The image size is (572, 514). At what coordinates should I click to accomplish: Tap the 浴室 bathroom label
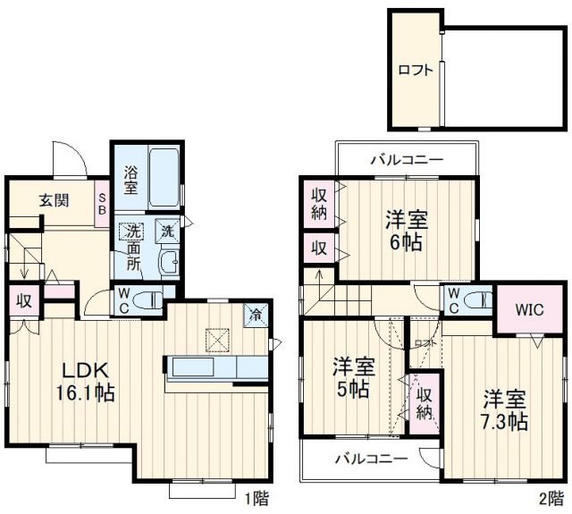[x=130, y=181]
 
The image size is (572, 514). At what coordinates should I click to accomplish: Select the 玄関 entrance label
[x=55, y=199]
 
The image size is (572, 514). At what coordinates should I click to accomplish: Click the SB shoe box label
[x=102, y=204]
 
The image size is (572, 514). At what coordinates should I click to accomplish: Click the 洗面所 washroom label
[x=132, y=246]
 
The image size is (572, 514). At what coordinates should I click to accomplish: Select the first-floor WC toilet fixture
[x=153, y=299]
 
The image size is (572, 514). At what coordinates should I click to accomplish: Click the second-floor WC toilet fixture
[x=479, y=299]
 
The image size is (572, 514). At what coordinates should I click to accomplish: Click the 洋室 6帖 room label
[x=404, y=230]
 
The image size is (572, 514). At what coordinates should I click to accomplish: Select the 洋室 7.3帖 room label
[x=505, y=409]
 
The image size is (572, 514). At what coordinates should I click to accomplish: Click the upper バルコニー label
[x=407, y=161]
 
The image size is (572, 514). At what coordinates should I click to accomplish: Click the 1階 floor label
[x=255, y=498]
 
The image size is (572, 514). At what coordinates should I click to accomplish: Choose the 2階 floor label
[x=550, y=498]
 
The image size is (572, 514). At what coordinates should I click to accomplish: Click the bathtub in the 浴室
[x=165, y=177]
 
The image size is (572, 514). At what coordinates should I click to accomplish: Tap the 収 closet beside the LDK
[x=24, y=301]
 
